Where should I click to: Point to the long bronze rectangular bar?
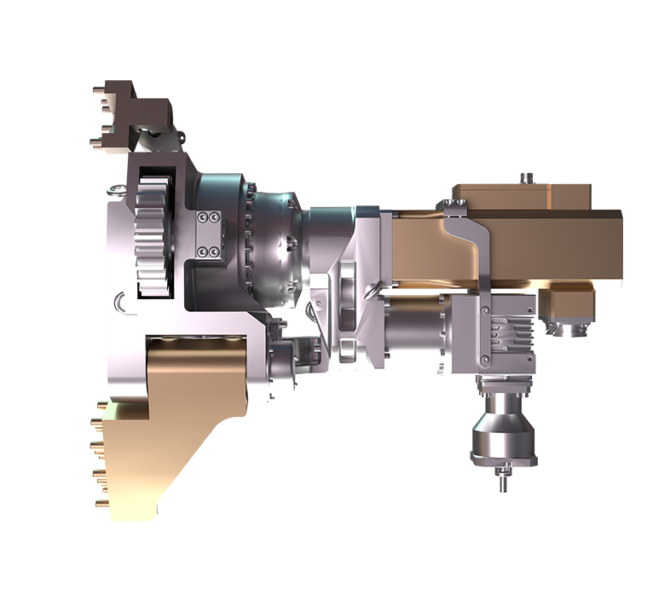(546, 243)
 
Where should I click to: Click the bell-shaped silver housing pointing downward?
(502, 435)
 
